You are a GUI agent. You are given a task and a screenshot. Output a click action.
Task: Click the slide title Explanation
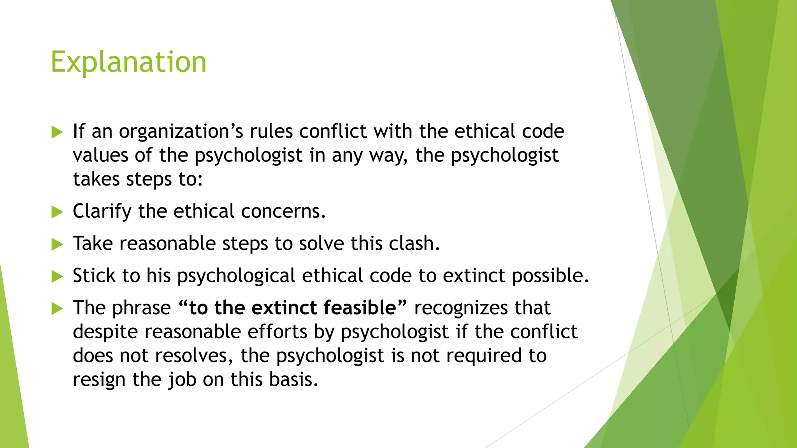[x=128, y=62]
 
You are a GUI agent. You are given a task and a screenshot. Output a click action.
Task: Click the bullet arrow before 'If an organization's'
[x=57, y=132]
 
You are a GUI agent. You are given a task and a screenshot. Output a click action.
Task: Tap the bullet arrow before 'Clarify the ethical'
[x=57, y=212]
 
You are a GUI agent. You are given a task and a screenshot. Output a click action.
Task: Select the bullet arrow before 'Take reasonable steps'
[x=57, y=244]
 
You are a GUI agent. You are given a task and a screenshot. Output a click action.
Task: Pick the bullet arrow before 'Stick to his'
[x=57, y=276]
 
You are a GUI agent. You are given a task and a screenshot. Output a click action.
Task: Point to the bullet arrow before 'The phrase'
[x=57, y=309]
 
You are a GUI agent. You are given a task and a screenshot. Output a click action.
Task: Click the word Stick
[x=94, y=276]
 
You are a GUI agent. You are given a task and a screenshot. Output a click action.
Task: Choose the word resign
[x=99, y=380]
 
